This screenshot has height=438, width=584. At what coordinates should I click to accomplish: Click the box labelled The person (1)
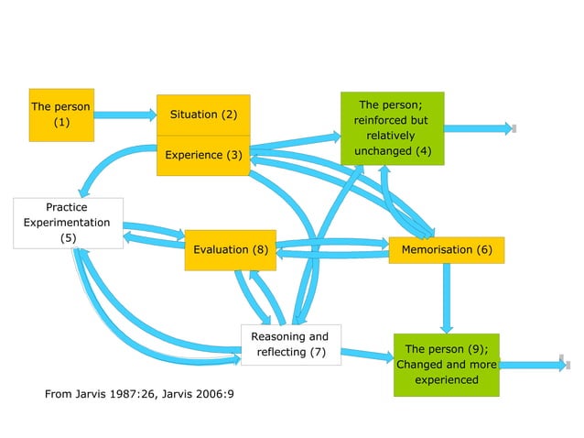(61, 115)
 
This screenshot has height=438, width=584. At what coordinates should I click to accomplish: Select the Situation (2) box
(203, 115)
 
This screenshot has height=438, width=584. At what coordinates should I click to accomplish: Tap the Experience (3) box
(203, 156)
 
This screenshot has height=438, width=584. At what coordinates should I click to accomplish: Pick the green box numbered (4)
(392, 128)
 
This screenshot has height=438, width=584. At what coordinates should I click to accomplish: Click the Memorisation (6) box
(446, 249)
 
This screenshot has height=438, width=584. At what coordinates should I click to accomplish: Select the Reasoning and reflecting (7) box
(290, 345)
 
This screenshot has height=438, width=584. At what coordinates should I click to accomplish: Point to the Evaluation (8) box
(230, 249)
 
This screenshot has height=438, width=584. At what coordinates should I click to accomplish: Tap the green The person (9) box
(446, 364)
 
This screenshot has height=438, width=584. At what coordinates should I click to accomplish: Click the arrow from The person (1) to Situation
(125, 115)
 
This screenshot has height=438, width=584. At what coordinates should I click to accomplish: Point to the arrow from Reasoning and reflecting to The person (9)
(366, 354)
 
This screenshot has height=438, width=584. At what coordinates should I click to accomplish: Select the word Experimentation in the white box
(67, 223)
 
